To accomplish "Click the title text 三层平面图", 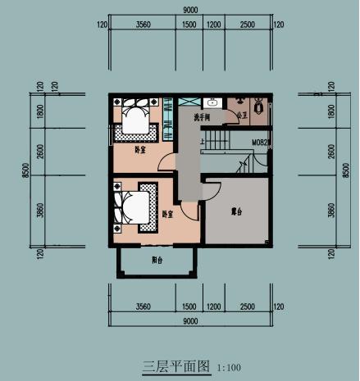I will click(x=177, y=365).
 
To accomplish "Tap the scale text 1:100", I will click(x=230, y=367).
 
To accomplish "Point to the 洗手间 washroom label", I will click(x=203, y=118).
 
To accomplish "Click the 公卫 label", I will click(x=242, y=116).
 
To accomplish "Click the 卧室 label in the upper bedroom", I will click(x=140, y=151).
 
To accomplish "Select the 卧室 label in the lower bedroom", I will click(x=168, y=214).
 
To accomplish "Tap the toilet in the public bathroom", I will click(x=259, y=107).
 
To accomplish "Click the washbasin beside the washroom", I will click(x=212, y=103).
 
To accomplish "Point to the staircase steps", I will click(x=219, y=143).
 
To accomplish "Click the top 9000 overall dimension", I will click(x=189, y=9).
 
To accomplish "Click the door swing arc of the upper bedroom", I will click(x=164, y=161).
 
